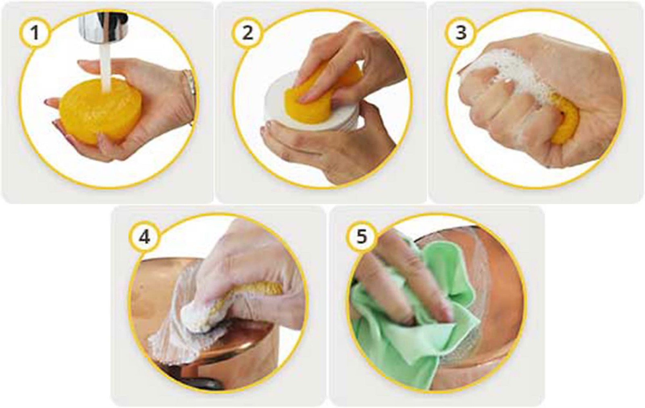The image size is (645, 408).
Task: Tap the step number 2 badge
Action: (248, 33)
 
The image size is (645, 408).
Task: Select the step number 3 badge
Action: (461, 33)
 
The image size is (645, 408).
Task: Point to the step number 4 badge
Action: (145, 238)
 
